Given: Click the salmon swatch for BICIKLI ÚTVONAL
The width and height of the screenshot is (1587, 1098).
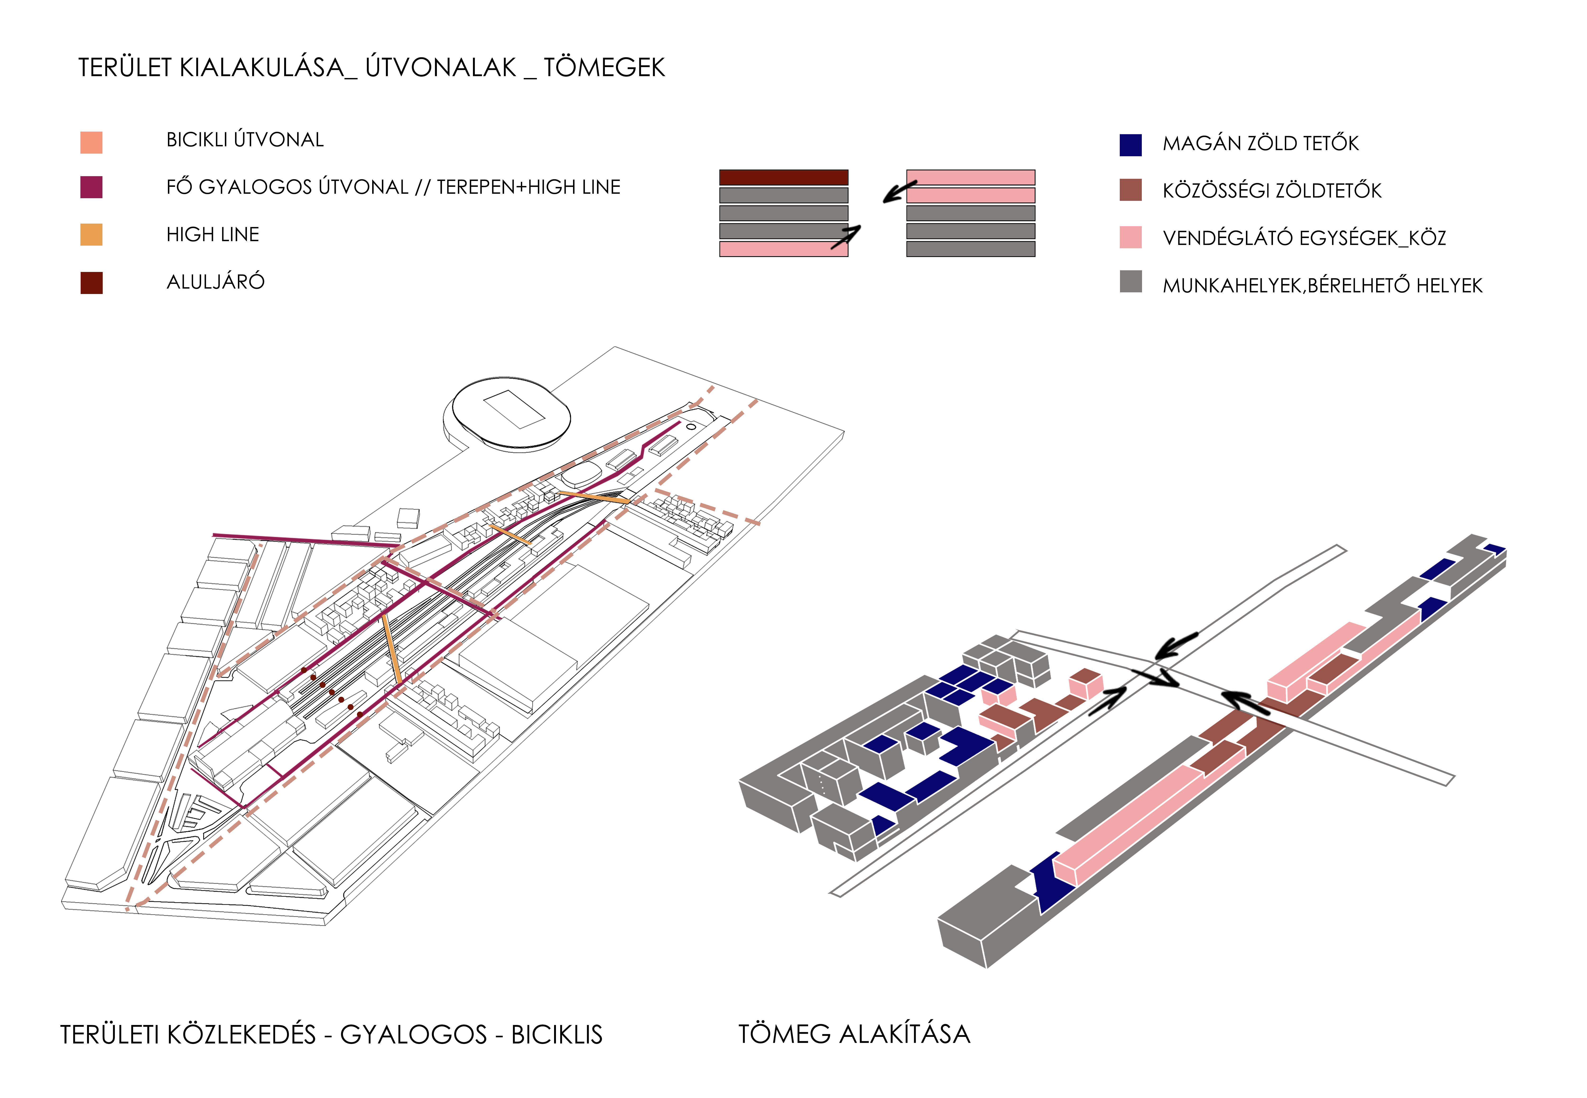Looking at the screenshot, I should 92,142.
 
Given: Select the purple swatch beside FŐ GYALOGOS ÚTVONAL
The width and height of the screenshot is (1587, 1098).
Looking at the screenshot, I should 92,187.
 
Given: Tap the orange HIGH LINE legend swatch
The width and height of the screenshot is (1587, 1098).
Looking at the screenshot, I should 92,234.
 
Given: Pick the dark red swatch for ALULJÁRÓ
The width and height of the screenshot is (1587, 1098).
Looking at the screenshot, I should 92,283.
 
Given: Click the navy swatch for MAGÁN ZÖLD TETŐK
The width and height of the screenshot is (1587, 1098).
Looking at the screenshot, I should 1131,145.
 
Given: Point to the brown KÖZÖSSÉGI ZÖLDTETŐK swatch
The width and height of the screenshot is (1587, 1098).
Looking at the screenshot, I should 1131,190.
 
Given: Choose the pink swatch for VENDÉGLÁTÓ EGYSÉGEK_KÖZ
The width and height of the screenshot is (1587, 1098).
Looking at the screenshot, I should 1131,237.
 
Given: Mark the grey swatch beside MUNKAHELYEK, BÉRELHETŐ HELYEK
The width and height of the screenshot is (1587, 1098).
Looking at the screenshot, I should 1131,281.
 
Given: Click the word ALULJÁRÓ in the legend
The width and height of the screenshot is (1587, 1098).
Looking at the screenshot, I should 215,282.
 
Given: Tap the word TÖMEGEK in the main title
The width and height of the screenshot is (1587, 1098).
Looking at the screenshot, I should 604,67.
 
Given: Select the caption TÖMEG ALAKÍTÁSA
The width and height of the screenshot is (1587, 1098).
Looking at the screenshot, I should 854,1034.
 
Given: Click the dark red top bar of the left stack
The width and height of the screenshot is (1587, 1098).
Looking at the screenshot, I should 783,178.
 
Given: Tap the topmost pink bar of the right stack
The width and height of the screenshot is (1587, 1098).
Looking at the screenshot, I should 970,178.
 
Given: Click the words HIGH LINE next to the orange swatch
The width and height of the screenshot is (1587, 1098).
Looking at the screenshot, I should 213,234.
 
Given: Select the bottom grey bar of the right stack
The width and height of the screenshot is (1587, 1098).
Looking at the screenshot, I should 970,249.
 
